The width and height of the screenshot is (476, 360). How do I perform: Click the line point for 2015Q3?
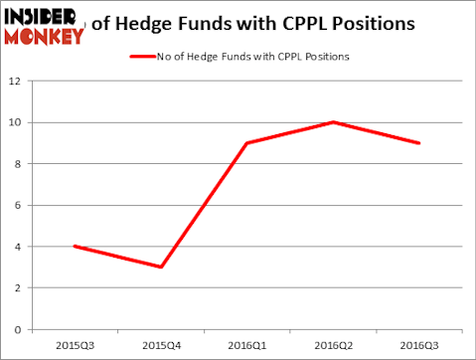[x=74, y=246]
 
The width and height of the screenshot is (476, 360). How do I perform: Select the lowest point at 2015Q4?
[x=160, y=267]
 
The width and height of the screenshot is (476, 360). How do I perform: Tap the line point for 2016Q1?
[x=246, y=142]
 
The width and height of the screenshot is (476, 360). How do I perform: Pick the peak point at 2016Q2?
[x=333, y=122]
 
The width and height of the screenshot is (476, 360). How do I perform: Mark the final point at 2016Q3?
[x=419, y=142]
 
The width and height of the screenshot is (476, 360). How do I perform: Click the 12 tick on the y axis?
[x=16, y=81]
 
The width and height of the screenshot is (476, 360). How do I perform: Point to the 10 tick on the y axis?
[x=16, y=122]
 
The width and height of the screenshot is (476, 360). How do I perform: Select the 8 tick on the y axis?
[x=19, y=164]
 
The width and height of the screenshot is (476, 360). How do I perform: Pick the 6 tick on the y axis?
[x=19, y=205]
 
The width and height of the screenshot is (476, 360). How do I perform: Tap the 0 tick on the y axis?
[x=19, y=329]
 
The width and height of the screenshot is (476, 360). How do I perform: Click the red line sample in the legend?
[x=142, y=57]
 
